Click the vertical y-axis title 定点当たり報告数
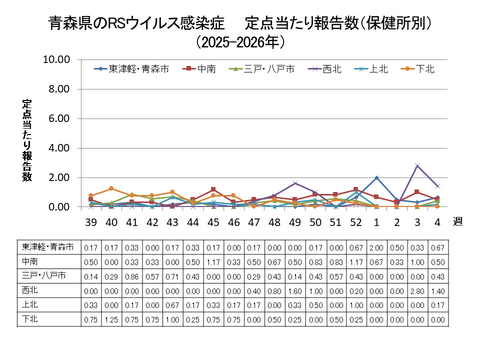[27, 140]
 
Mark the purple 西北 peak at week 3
[417, 166]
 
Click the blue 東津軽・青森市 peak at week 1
[376, 178]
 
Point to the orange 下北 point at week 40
[111, 189]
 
